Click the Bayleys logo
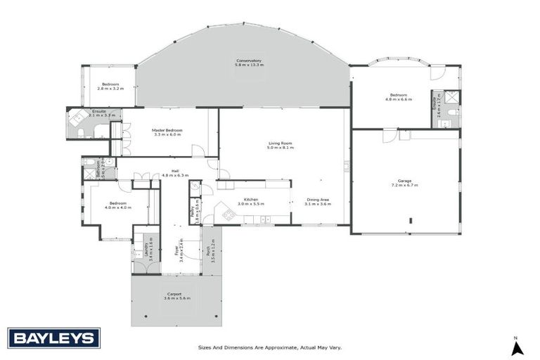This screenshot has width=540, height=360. (x=53, y=338)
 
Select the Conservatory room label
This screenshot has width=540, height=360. (x=249, y=61)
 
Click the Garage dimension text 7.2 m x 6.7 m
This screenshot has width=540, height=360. (x=404, y=185)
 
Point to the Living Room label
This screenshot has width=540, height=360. (x=281, y=143)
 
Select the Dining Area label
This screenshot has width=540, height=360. (x=318, y=200)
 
